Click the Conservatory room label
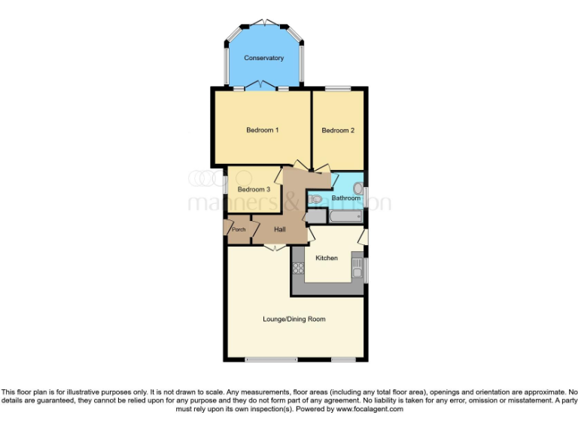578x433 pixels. pos(263,58)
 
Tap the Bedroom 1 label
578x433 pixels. pos(263,131)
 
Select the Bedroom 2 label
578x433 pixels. pos(338,131)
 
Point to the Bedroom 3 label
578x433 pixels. pos(254,189)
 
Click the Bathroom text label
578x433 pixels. pos(346,198)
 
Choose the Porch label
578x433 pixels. pos(239,229)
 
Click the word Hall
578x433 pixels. pos(279,229)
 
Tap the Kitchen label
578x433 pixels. pos(326,258)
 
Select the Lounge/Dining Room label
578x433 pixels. pos(294,319)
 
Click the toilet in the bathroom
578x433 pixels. pos(316,198)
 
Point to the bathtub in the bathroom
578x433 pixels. pos(345,216)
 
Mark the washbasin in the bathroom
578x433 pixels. pos(358,188)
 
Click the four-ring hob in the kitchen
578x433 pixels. pos(298,268)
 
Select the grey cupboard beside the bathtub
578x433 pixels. pos(316,216)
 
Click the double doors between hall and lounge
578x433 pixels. pos(271,247)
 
